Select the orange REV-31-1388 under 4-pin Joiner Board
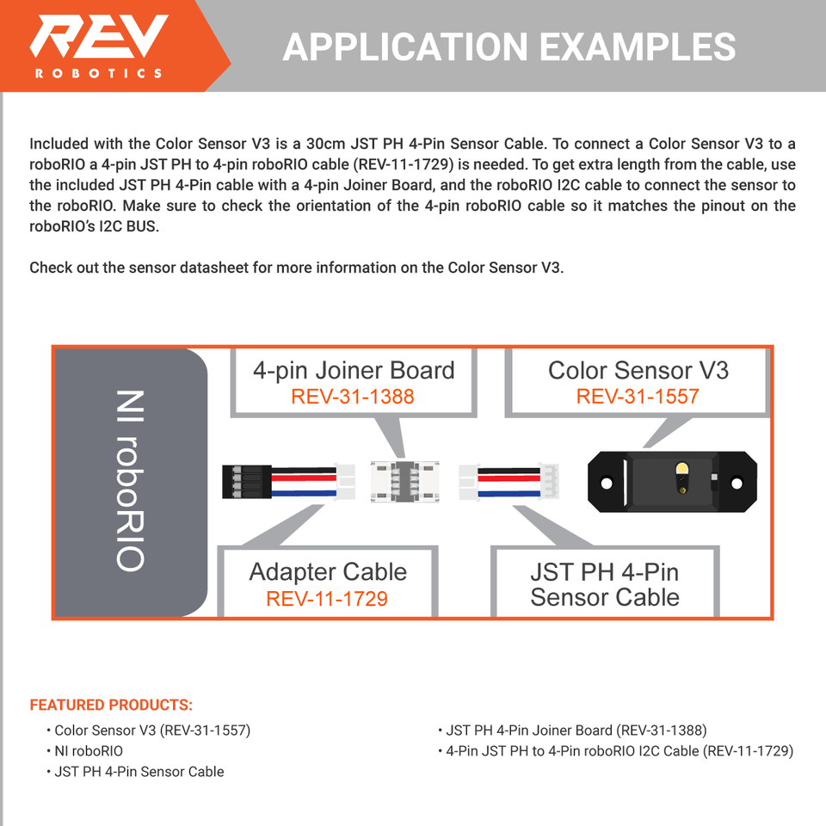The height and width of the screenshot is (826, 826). click(x=353, y=397)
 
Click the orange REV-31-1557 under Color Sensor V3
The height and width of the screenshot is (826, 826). click(x=638, y=397)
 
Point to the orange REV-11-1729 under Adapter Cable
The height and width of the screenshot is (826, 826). click(x=327, y=598)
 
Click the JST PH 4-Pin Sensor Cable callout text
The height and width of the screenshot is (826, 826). click(x=605, y=584)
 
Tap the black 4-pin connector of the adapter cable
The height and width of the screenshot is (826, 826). click(x=235, y=482)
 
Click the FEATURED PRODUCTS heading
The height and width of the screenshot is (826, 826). click(x=111, y=706)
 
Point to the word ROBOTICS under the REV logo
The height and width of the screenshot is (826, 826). click(x=98, y=73)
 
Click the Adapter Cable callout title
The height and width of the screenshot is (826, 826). click(x=328, y=572)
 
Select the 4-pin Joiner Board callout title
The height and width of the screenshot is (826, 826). click(x=354, y=371)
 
